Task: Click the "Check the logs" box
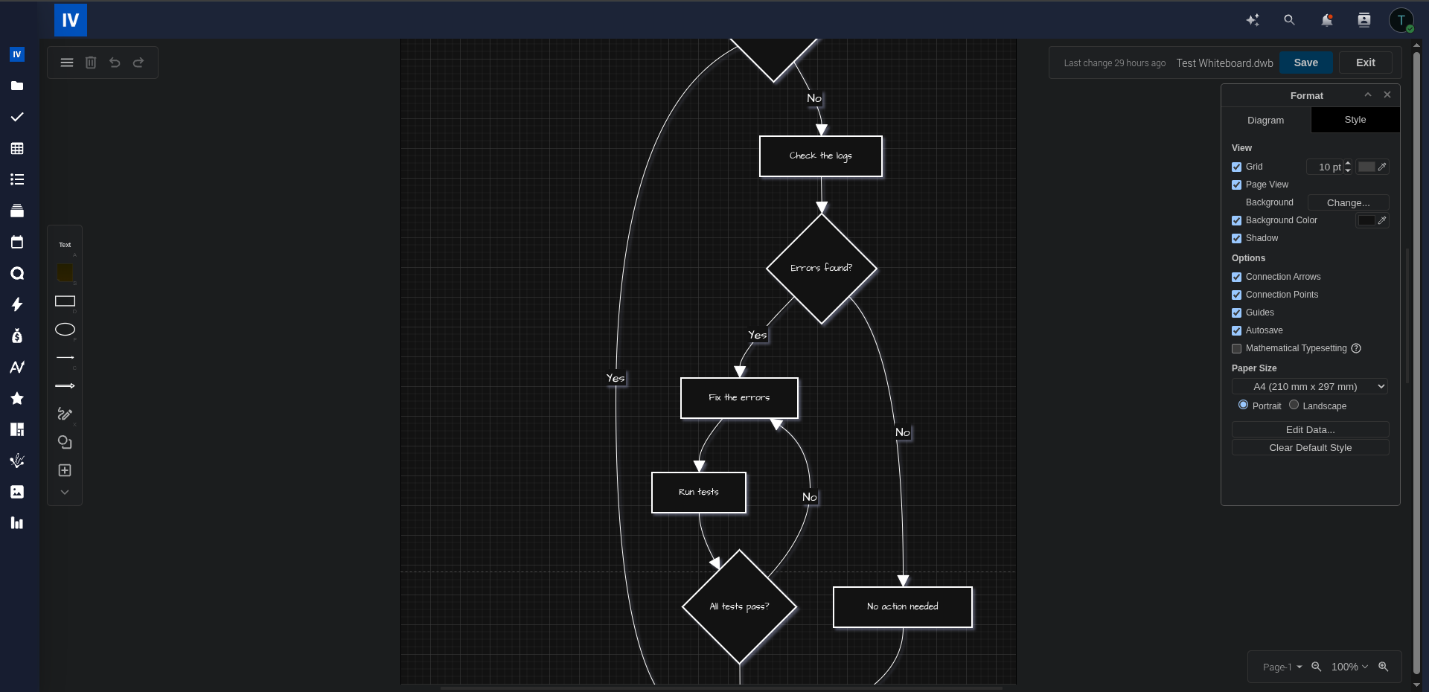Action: click(820, 156)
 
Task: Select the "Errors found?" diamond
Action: click(821, 269)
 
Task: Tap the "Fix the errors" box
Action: click(739, 398)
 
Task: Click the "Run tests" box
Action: click(698, 493)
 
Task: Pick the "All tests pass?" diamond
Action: click(739, 606)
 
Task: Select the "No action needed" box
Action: click(902, 607)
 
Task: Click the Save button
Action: click(1305, 63)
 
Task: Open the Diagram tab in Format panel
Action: click(1265, 121)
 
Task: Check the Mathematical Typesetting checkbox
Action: click(1237, 349)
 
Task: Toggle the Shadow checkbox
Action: click(1237, 239)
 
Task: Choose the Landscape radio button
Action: click(1294, 406)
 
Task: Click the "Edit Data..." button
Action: click(1310, 430)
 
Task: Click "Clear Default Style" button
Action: click(1310, 448)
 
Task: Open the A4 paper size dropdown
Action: click(1310, 387)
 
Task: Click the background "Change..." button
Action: click(1348, 203)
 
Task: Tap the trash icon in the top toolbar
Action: click(91, 63)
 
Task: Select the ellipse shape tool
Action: click(65, 330)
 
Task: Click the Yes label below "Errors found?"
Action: click(758, 336)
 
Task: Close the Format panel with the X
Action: click(1387, 95)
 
